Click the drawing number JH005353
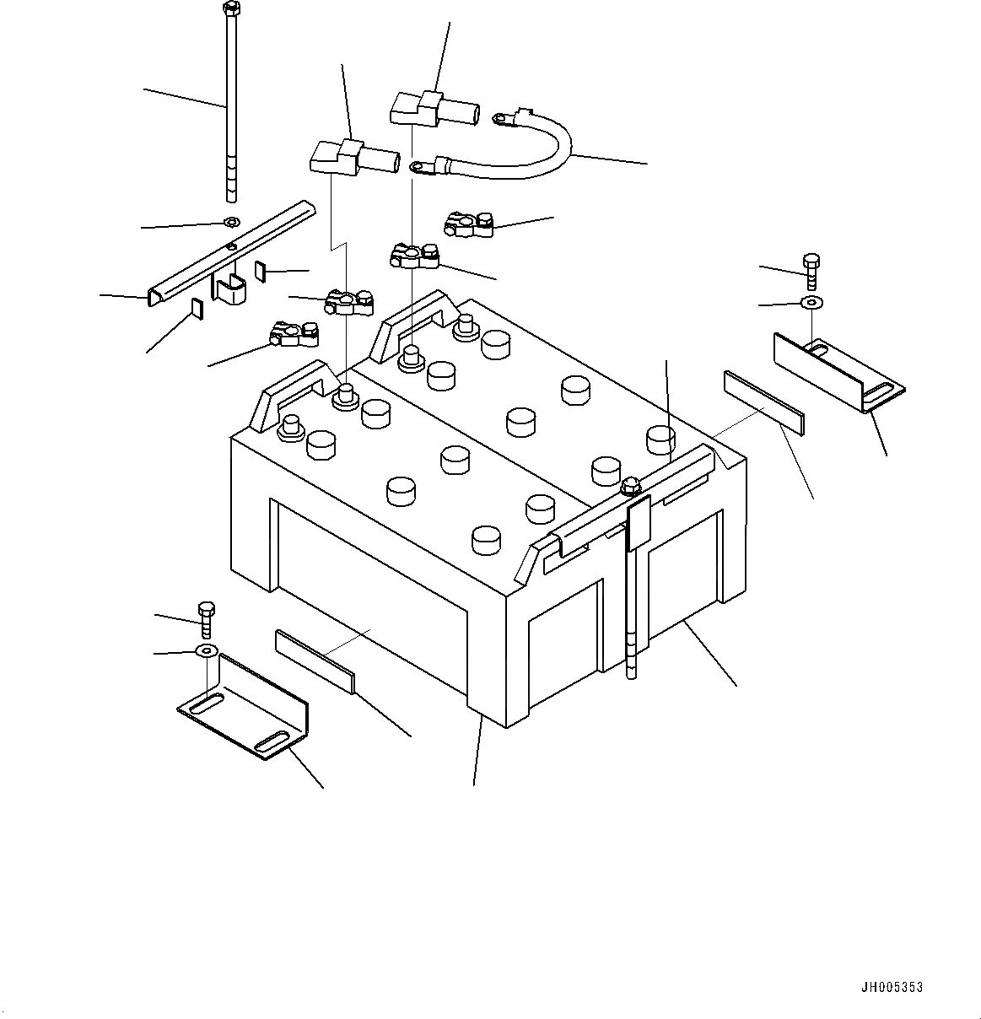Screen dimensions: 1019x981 pyautogui.click(x=892, y=987)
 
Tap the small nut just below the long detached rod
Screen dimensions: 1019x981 pyautogui.click(x=230, y=223)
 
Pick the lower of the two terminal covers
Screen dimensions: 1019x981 pyautogui.click(x=354, y=156)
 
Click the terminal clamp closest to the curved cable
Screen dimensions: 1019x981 pyautogui.click(x=467, y=223)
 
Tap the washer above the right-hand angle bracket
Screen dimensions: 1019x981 pyautogui.click(x=811, y=301)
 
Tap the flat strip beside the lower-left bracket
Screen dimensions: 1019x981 pyautogui.click(x=315, y=659)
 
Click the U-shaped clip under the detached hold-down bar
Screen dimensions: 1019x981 pyautogui.click(x=229, y=289)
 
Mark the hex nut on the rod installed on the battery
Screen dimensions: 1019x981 pyautogui.click(x=629, y=486)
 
